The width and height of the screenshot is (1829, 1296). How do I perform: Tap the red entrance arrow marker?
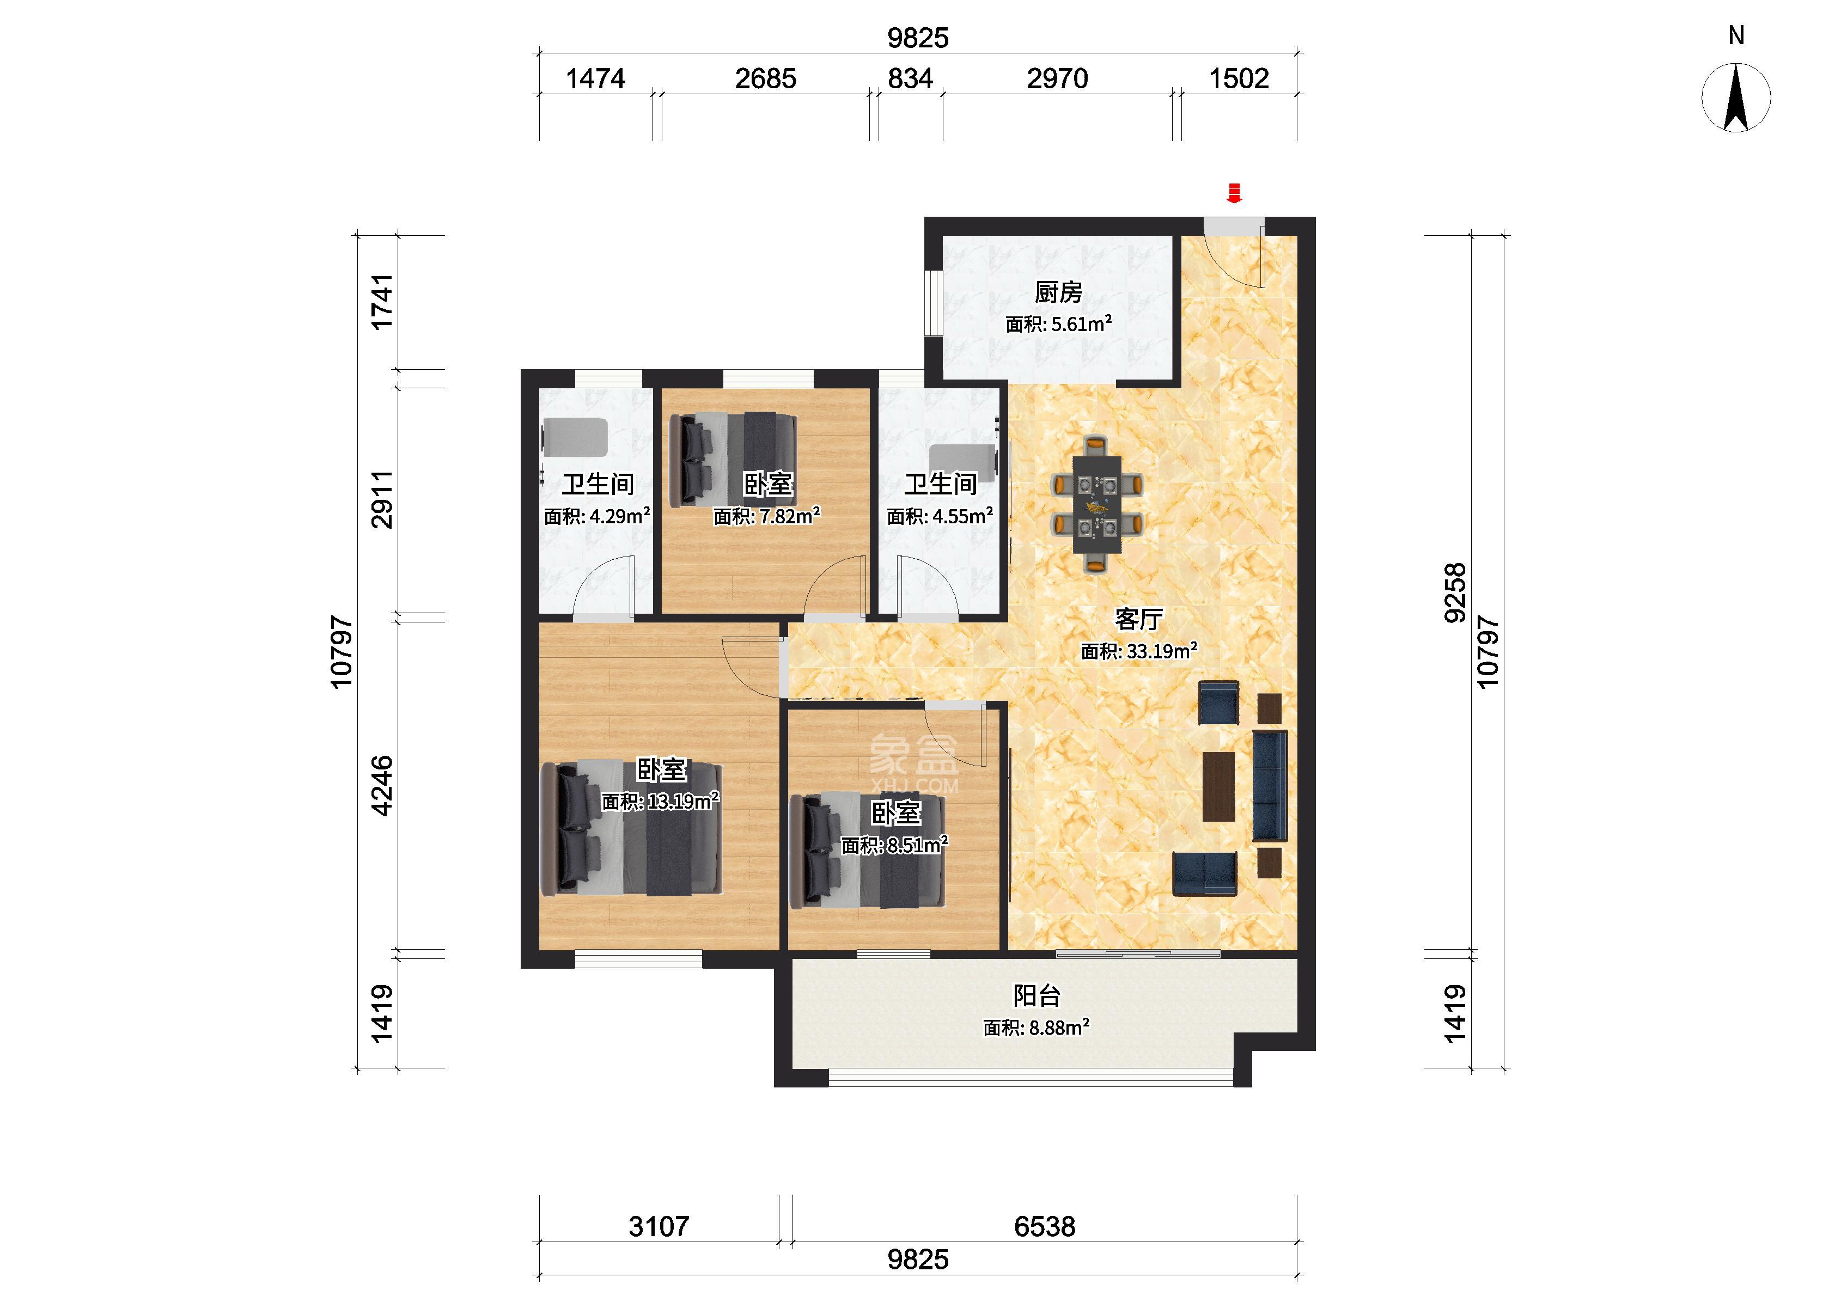click(1234, 193)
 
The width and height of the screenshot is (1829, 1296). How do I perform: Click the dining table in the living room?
click(1096, 504)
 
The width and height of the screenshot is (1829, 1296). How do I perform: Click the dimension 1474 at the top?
click(595, 78)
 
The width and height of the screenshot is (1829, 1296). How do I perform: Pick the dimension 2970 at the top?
click(1057, 78)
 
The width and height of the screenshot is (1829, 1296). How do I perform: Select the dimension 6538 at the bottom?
click(1045, 1226)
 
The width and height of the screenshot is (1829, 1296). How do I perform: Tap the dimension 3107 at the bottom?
click(659, 1226)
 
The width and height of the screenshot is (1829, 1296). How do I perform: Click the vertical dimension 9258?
click(1455, 593)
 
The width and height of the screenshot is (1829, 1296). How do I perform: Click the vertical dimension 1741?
click(383, 301)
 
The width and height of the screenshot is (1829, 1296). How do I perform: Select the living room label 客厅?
click(1139, 619)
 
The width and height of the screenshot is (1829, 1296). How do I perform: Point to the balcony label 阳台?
click(1037, 995)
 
